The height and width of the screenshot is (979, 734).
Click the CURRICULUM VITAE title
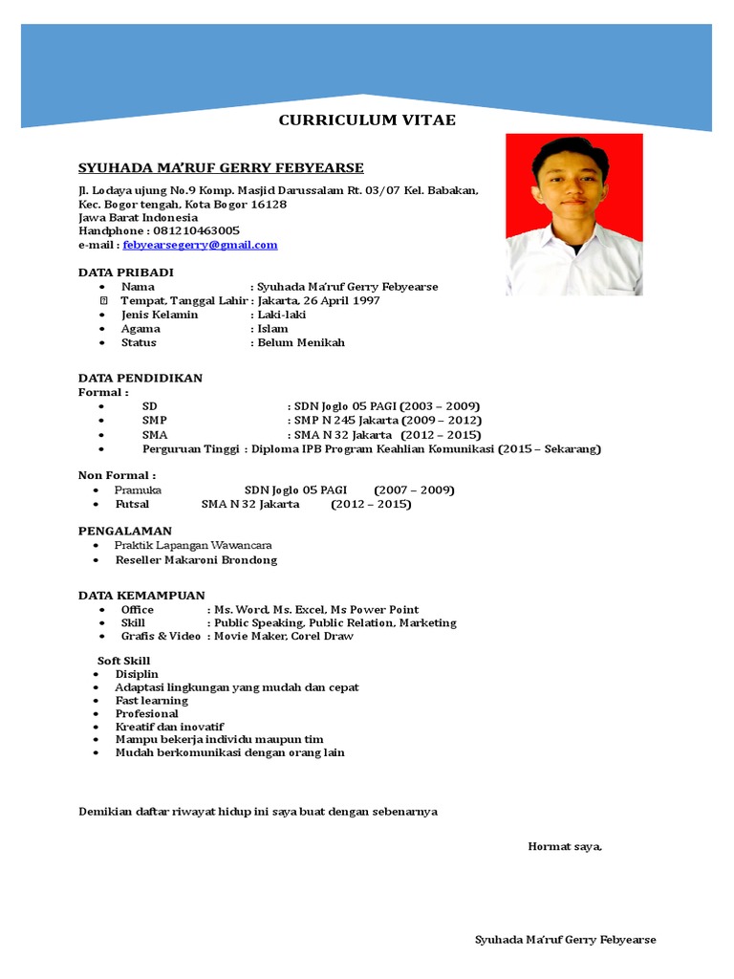pos(367,120)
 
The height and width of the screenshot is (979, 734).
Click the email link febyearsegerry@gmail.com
pos(200,245)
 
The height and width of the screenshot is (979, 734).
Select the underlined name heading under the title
pos(221,168)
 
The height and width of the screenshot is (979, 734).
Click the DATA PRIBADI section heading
pos(125,272)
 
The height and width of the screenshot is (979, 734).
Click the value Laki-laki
pos(281,315)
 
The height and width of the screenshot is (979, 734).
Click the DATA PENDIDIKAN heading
pos(140,378)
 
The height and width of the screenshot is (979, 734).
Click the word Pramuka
pos(138,490)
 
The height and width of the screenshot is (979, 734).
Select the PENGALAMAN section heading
pos(124,531)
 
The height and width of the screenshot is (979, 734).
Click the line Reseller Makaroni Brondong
pos(196,560)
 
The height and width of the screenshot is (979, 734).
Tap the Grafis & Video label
pos(161,636)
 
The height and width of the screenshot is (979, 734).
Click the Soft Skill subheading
pos(123,661)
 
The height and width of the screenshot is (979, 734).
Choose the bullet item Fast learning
pos(151,701)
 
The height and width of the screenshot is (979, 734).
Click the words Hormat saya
pos(565,846)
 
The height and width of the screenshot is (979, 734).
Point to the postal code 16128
pos(268,205)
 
